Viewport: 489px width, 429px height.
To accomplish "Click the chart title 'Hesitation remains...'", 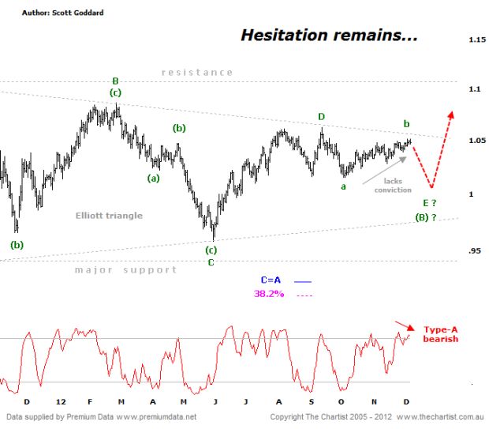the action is [329, 35].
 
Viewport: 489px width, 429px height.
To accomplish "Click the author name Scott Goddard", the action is [77, 13].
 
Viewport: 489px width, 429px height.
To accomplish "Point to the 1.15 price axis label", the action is [477, 40].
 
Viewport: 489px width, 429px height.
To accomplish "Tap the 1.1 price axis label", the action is [475, 89].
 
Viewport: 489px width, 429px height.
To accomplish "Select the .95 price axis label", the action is [475, 251].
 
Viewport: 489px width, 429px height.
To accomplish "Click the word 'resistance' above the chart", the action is [197, 73].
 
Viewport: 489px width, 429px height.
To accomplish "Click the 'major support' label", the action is [125, 269].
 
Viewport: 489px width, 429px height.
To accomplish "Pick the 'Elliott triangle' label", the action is [109, 216].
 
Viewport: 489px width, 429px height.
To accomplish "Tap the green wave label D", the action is [322, 117].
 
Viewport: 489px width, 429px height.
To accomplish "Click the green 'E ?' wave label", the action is [429, 203].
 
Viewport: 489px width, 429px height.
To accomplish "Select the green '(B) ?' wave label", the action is [426, 217].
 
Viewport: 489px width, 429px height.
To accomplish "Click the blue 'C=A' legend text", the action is [271, 280].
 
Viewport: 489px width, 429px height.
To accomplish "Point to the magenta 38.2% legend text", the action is [269, 294].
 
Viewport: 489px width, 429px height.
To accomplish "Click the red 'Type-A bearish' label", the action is [441, 334].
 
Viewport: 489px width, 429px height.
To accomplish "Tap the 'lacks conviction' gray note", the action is [393, 186].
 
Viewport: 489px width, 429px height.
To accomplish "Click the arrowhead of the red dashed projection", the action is [451, 115].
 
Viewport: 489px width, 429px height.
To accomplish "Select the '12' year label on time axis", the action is [61, 402].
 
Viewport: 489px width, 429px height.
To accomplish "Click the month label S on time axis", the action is [312, 402].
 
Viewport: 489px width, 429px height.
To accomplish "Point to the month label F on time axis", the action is [90, 402].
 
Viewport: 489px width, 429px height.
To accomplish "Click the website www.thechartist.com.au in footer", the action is [440, 417].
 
